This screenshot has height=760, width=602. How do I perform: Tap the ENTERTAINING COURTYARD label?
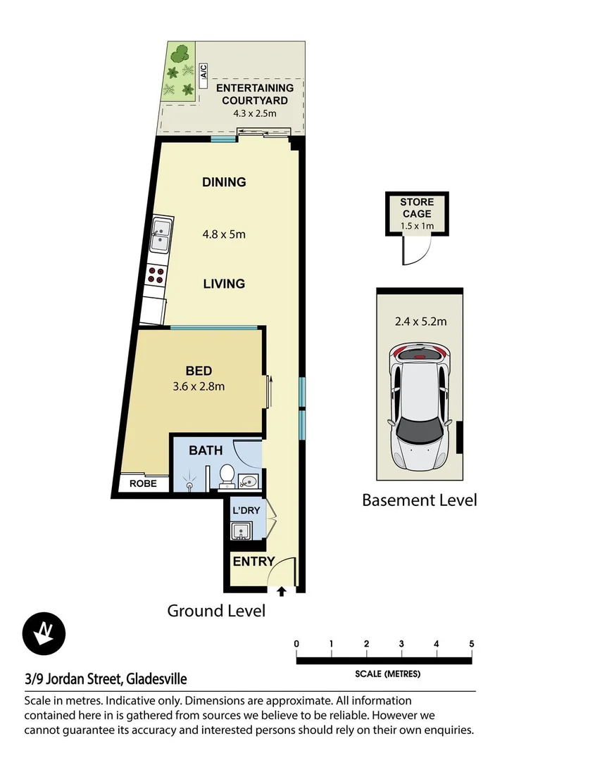click(x=254, y=94)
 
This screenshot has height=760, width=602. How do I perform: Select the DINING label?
click(x=224, y=182)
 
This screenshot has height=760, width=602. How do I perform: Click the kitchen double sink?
click(x=161, y=235)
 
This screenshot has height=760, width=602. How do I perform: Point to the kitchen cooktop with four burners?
click(x=156, y=275)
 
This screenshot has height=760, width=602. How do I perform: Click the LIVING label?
click(x=224, y=284)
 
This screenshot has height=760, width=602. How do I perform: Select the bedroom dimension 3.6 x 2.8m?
click(x=199, y=386)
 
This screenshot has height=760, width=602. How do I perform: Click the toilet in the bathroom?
click(x=227, y=476)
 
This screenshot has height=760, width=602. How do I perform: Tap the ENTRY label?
click(x=253, y=562)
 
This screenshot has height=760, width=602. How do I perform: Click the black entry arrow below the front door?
click(x=282, y=592)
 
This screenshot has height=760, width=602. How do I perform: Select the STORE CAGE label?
click(x=416, y=208)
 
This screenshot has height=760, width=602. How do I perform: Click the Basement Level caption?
click(x=419, y=500)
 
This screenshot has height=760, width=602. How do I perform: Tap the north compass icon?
click(x=44, y=632)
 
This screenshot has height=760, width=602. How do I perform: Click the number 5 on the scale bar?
click(x=471, y=644)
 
